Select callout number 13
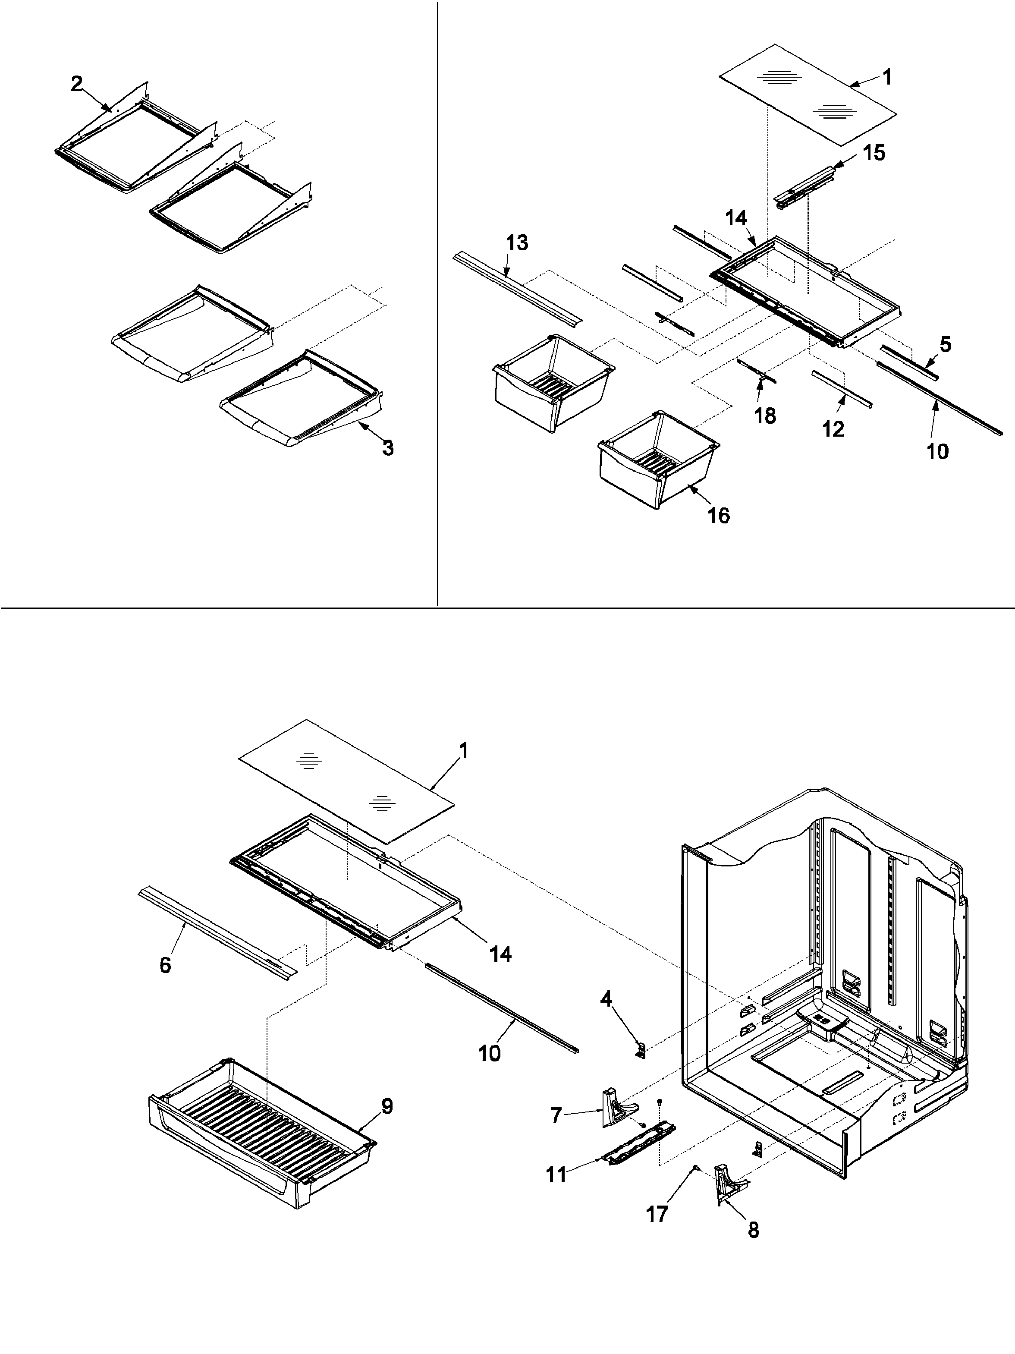(517, 243)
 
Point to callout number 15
(873, 153)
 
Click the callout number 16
(719, 515)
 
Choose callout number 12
(833, 428)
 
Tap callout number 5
(945, 345)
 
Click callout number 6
(165, 965)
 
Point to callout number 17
(657, 1214)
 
